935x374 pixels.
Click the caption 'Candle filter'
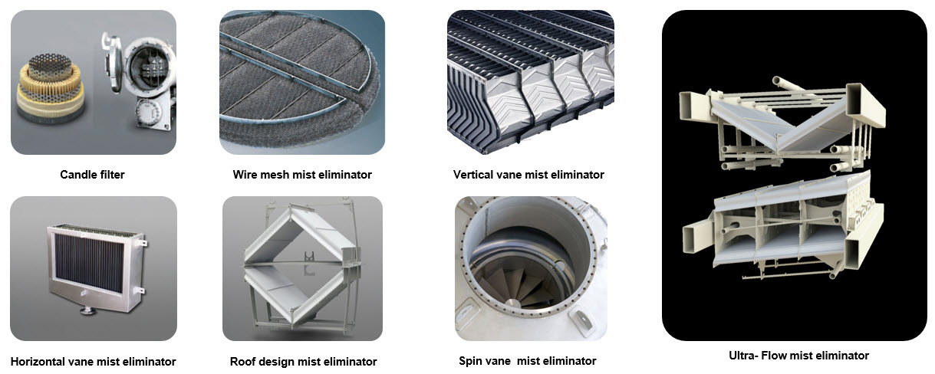tap(92, 174)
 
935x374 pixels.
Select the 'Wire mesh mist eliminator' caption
tap(302, 174)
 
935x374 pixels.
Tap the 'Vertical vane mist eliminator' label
tap(528, 174)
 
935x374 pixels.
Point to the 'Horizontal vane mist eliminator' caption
tap(93, 361)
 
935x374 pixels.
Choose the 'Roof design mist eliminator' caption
tap(304, 361)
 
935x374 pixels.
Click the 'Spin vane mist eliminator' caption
tap(527, 361)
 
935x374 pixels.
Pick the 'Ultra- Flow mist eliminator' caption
tap(798, 356)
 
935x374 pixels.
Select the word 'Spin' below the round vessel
tap(470, 361)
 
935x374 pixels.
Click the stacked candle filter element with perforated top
tap(51, 88)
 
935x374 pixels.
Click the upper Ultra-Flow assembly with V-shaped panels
tap(782, 124)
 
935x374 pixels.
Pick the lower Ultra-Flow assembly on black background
tap(783, 225)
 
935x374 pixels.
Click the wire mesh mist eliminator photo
tap(302, 82)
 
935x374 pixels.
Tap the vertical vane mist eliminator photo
tap(531, 82)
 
